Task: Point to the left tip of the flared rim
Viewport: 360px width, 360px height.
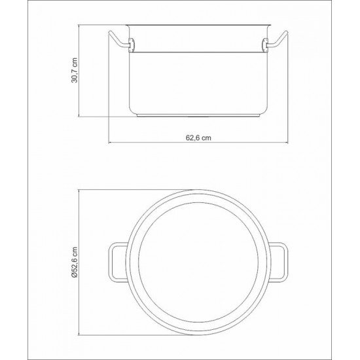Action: point(126,27)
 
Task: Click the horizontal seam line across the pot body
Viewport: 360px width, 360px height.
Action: point(199,50)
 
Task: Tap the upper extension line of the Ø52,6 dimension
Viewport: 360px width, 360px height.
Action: point(131,189)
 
